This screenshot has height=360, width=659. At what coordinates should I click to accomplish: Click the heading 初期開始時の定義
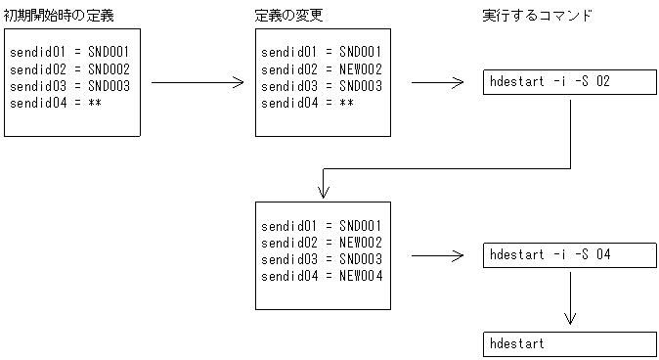60,17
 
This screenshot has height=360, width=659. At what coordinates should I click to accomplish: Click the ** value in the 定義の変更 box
346,103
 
